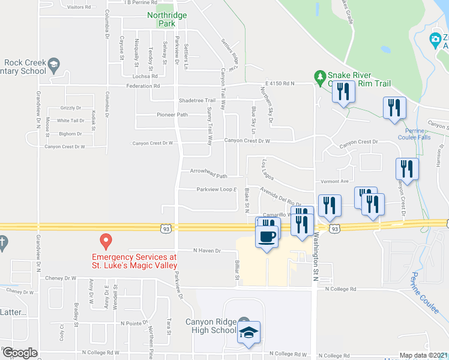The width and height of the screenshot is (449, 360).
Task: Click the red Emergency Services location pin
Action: point(106,241)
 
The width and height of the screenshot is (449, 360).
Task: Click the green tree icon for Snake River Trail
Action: point(320,76)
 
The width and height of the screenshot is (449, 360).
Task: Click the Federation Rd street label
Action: point(143,86)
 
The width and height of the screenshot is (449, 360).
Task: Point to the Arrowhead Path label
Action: point(208,176)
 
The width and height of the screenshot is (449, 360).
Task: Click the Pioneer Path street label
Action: point(172,115)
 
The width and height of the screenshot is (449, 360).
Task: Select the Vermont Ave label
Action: point(335,181)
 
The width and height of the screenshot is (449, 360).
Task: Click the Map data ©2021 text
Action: point(423,355)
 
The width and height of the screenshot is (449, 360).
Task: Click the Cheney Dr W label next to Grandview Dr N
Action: point(61,278)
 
